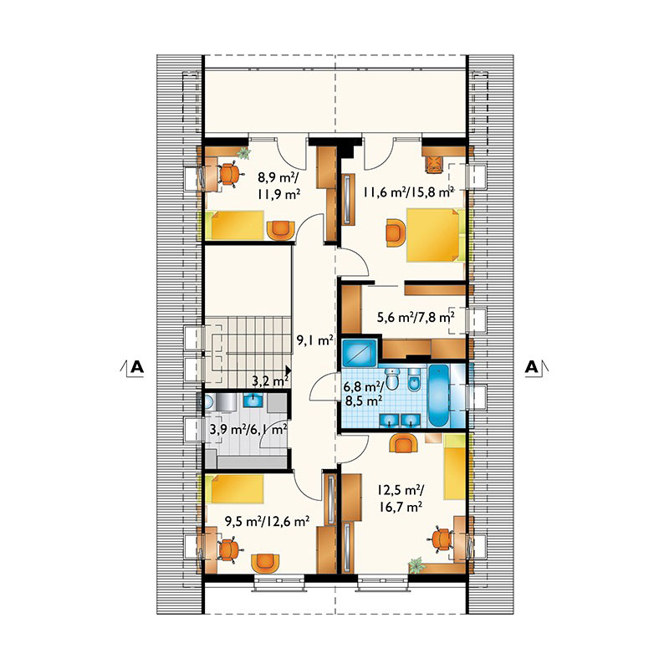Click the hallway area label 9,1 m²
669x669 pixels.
315,340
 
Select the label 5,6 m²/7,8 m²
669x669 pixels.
415,317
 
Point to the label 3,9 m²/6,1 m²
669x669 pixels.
248,429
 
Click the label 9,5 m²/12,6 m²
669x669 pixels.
267,521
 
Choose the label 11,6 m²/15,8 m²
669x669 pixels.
408,192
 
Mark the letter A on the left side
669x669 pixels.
137,366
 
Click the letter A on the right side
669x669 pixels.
532,366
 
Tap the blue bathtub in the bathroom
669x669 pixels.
439,396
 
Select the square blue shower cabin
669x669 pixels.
360,352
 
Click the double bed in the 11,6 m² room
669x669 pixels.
436,235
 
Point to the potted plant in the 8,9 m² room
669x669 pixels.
243,152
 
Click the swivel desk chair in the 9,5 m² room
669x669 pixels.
228,550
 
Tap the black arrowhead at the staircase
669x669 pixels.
289,370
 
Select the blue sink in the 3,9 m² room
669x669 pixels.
255,401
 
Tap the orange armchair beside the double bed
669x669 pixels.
396,232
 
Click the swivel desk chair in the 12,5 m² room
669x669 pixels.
441,539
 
